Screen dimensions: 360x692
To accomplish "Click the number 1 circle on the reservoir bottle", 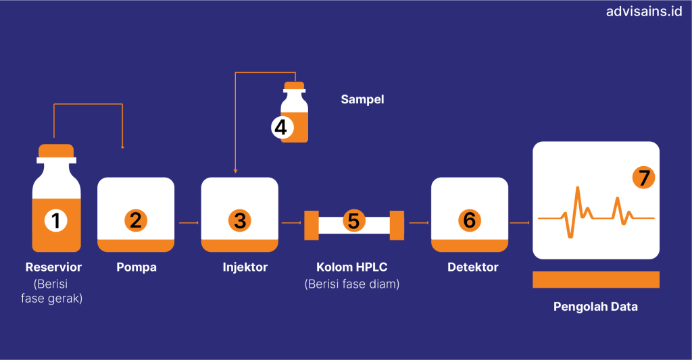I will click(x=56, y=220).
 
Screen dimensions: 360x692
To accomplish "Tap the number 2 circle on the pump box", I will click(x=136, y=220).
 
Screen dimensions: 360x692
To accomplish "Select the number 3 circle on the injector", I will click(x=239, y=220).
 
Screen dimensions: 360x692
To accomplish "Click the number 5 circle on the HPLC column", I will click(x=353, y=220).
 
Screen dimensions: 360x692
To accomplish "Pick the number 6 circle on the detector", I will click(x=469, y=220).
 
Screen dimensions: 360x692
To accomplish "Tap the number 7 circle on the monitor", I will click(x=643, y=178).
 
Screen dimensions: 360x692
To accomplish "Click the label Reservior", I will click(x=53, y=267).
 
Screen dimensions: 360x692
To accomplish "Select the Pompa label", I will click(x=136, y=267).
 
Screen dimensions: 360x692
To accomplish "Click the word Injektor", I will click(x=245, y=267).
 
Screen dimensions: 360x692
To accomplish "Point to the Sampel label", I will click(x=362, y=99).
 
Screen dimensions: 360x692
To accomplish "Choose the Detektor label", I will click(x=472, y=267).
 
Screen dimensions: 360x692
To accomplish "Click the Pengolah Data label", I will click(x=595, y=307).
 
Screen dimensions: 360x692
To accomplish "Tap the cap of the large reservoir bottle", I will click(x=56, y=150).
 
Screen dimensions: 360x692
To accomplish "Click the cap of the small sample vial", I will click(x=294, y=86).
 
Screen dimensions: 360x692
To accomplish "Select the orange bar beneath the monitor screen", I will click(x=595, y=279).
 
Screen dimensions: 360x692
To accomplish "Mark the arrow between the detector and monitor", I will click(x=520, y=222).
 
